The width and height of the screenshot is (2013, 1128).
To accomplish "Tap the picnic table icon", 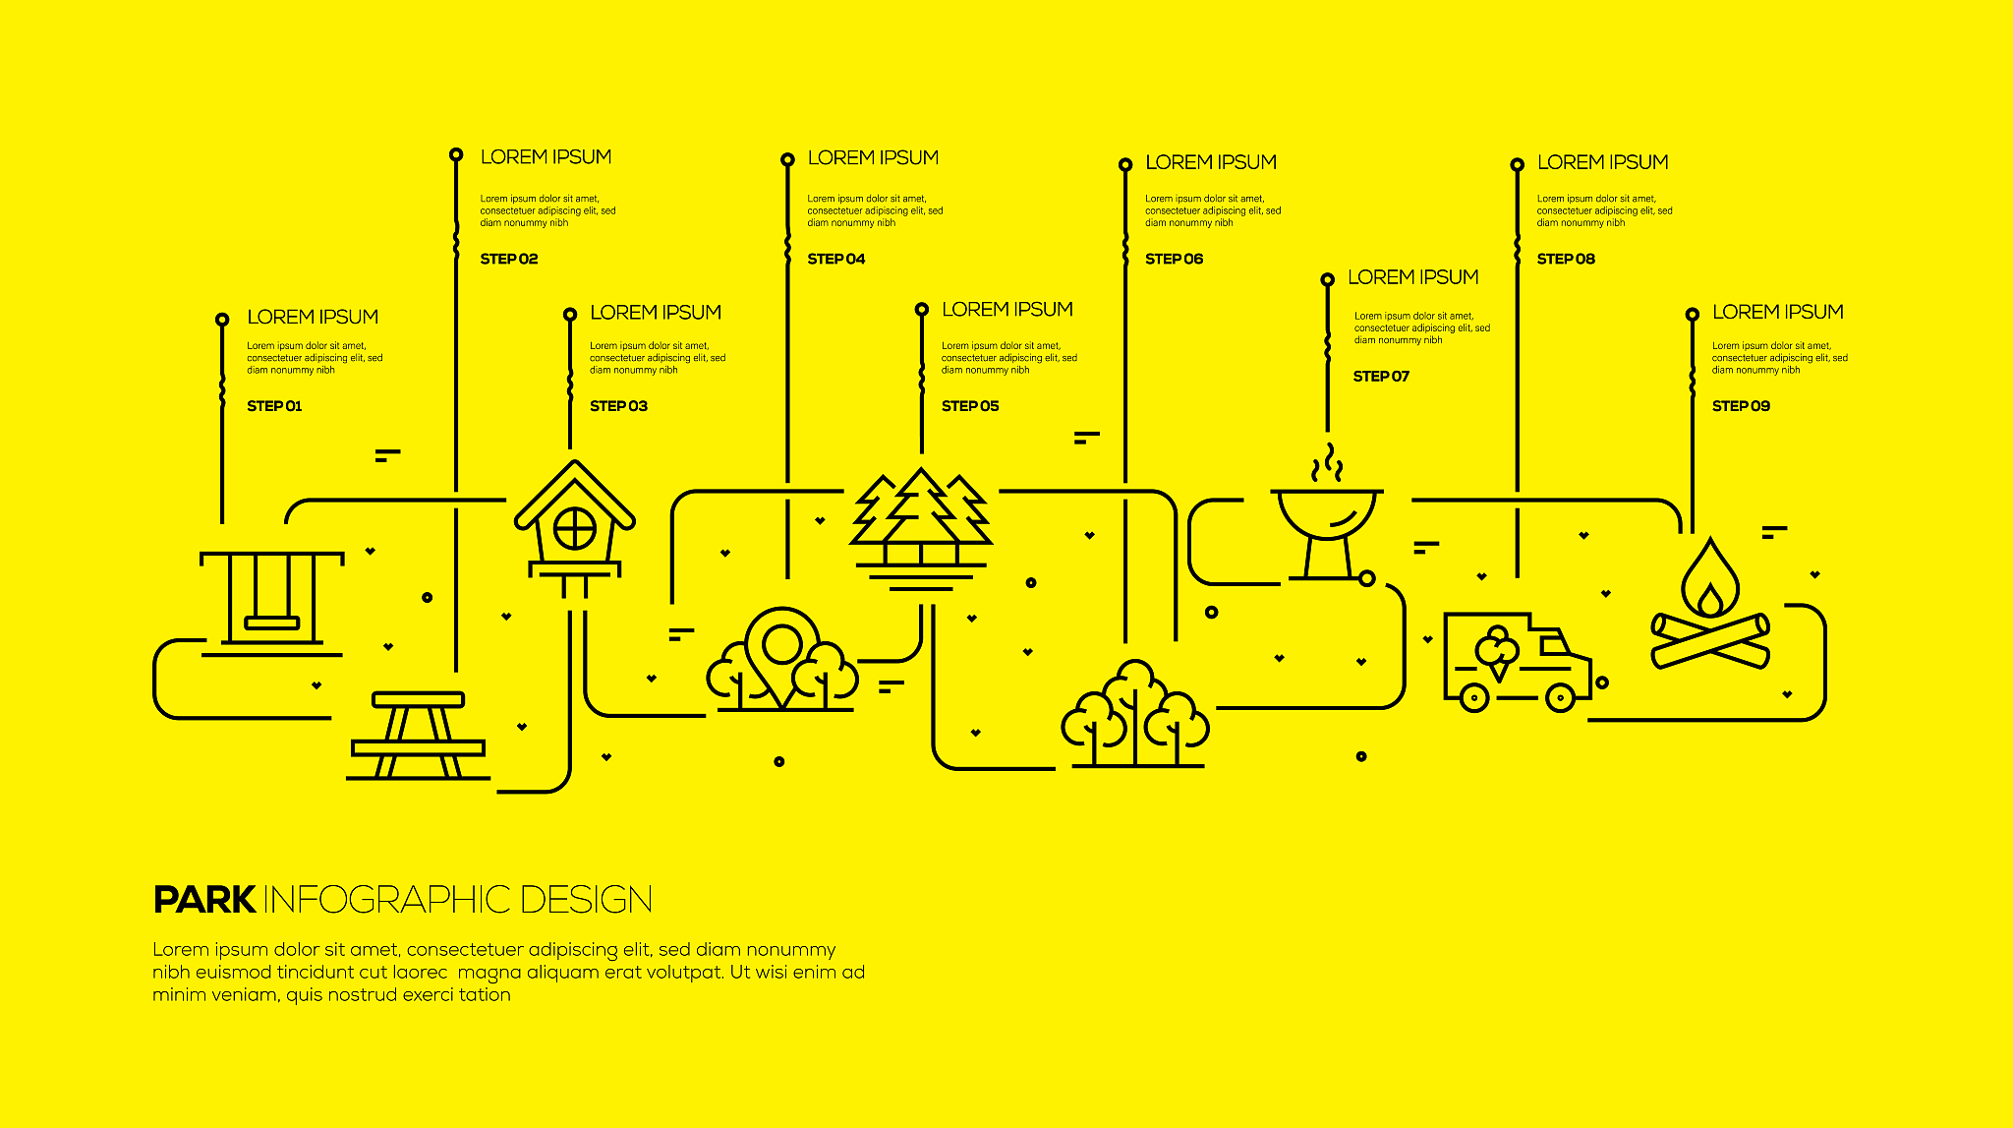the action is (x=419, y=736).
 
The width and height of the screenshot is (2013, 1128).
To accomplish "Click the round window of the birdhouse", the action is (x=575, y=530).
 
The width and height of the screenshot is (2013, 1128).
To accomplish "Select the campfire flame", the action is (x=1710, y=579).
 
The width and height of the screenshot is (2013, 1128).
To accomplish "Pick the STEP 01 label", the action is (x=274, y=406).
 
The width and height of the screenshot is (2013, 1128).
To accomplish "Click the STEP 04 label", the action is (x=836, y=259).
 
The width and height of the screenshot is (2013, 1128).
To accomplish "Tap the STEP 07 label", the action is (x=1381, y=376).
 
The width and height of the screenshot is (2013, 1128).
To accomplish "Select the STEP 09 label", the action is (x=1741, y=406).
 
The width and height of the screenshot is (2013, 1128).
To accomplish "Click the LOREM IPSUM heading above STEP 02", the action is (x=546, y=157).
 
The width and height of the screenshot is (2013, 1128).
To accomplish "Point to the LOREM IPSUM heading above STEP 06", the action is (x=1211, y=162).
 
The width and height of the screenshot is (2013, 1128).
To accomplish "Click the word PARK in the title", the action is (x=204, y=900).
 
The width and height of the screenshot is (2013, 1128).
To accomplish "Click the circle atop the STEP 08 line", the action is (x=1518, y=164).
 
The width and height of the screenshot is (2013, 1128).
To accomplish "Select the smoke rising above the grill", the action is (x=1328, y=463).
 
